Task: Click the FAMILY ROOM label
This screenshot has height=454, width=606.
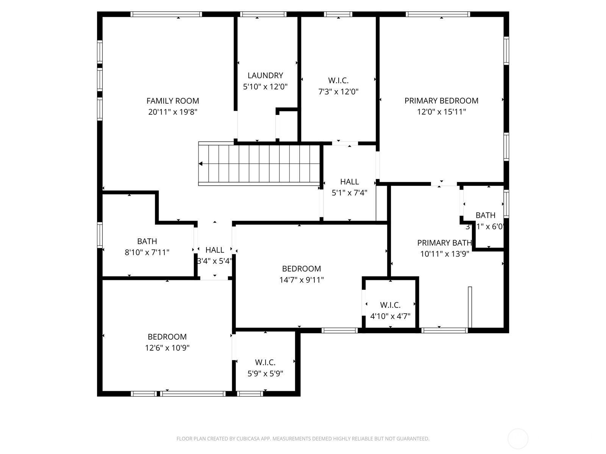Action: pos(173,101)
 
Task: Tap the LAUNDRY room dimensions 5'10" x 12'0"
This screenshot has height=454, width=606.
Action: pos(265,87)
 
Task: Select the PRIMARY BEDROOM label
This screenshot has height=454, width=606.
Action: pos(441,101)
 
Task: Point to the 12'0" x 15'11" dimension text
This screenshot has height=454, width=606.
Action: pos(441,112)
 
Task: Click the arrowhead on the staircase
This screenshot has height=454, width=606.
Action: pos(201,164)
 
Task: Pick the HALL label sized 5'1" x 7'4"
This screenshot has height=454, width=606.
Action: pos(349,182)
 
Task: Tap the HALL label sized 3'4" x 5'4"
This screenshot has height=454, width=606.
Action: pos(214,250)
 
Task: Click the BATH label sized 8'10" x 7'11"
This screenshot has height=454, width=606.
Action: pos(147,241)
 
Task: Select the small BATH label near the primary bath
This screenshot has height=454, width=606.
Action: pos(485,215)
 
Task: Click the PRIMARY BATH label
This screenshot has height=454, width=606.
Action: pos(444,243)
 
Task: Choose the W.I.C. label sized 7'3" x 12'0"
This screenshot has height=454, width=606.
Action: pos(338,80)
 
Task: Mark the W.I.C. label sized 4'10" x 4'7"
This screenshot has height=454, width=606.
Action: pos(390,305)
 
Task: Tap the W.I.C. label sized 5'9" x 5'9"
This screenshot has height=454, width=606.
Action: pos(265,362)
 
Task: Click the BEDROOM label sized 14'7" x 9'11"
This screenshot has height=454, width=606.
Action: pos(301,269)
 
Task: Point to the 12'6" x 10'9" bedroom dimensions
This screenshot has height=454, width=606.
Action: pos(167,348)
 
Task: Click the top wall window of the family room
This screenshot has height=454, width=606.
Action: pos(166,14)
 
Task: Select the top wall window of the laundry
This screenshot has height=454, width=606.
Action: pos(263,14)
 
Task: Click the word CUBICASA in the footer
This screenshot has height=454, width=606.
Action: pos(248,439)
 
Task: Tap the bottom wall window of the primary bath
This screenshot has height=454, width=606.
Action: pos(444,330)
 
